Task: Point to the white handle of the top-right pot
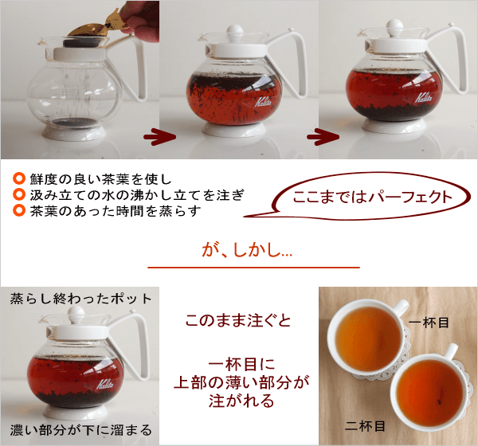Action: click(x=452, y=60)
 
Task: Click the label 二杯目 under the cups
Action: click(x=369, y=425)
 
